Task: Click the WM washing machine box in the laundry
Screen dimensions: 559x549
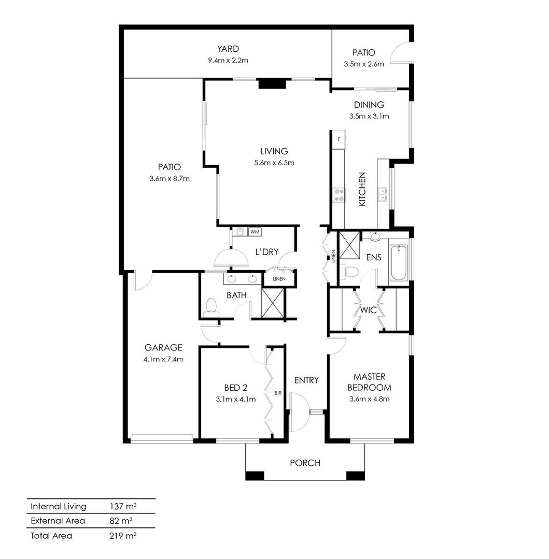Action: [x=255, y=232]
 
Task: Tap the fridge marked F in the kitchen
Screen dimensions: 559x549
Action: [x=339, y=140]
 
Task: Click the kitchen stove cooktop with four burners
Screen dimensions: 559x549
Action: [x=340, y=195]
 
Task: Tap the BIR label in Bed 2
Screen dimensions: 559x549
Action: [x=278, y=393]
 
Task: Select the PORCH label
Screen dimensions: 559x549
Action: [x=305, y=463]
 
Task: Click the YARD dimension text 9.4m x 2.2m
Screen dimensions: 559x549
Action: [x=228, y=60]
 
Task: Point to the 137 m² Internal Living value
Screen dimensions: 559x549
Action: [x=123, y=506]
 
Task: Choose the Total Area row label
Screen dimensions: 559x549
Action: [x=51, y=536]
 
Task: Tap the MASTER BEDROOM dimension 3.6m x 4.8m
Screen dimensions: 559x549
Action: [x=369, y=399]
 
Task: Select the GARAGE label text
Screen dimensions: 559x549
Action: [x=163, y=347]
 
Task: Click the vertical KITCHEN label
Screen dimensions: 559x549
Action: [x=362, y=189]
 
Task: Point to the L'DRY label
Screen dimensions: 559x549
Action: [x=267, y=252]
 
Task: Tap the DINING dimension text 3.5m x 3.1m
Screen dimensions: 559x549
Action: [x=369, y=116]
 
